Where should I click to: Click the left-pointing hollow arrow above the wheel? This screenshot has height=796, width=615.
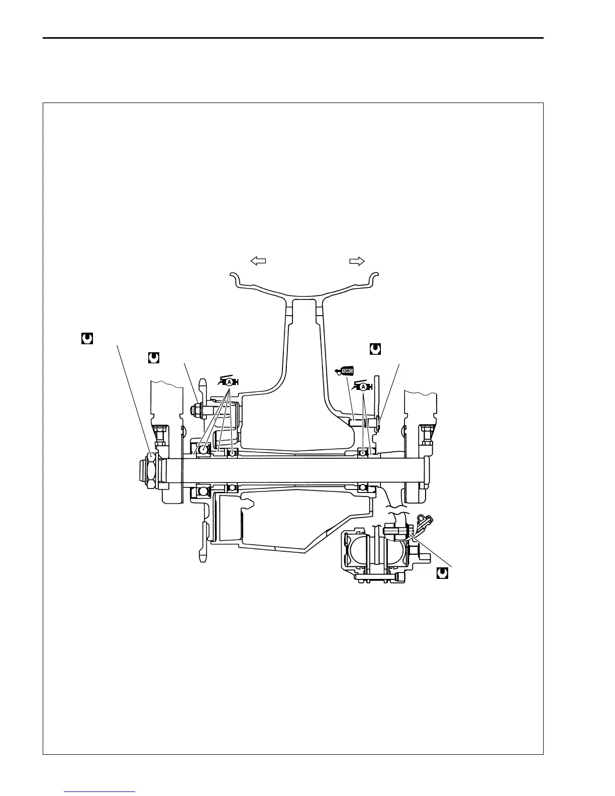click(258, 260)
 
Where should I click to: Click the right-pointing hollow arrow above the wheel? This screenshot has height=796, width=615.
click(357, 260)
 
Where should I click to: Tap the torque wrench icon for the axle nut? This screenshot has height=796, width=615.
click(87, 339)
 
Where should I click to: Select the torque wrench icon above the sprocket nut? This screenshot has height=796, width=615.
click(153, 357)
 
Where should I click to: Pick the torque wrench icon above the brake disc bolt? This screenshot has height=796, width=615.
click(375, 348)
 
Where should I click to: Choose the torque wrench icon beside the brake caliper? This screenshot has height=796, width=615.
click(442, 573)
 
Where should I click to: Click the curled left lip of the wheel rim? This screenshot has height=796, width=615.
click(234, 277)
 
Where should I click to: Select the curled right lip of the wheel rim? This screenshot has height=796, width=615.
click(374, 277)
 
